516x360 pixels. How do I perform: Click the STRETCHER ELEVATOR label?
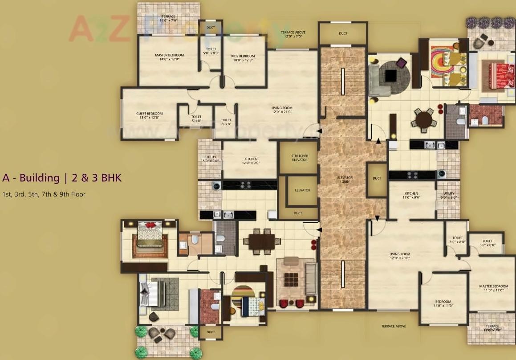click(x=300, y=158)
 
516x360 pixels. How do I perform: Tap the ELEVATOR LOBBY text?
click(x=345, y=180)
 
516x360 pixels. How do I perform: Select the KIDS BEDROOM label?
click(x=243, y=58)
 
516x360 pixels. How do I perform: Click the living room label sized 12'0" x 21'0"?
click(x=282, y=110)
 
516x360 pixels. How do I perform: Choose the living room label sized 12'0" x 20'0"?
click(x=400, y=256)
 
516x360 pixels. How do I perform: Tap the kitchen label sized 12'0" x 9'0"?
click(x=251, y=161)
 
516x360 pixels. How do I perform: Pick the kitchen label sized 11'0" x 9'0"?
click(x=411, y=195)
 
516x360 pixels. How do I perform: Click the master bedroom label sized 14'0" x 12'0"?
click(x=169, y=57)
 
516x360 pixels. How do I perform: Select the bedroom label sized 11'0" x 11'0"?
click(x=443, y=304)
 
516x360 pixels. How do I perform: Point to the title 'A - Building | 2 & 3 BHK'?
click(x=61, y=178)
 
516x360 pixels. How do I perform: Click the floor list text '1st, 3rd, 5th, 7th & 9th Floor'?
click(x=44, y=194)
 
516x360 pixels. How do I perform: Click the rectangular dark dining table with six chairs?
click(x=262, y=241)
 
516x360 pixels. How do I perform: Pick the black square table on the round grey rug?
click(x=391, y=76)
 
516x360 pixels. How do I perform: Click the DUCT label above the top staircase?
click(x=343, y=33)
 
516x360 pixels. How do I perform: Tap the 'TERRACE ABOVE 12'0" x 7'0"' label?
click(x=293, y=34)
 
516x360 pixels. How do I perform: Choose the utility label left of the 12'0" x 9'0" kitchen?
click(x=210, y=159)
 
